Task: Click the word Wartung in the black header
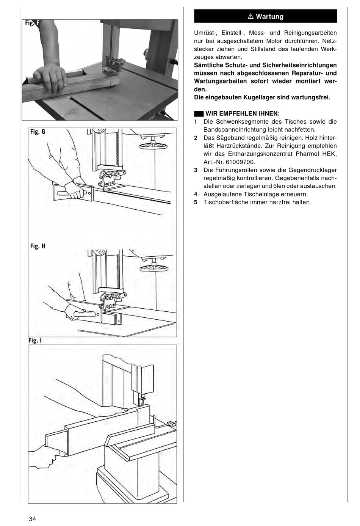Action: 269,17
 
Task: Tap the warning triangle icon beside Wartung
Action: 250,17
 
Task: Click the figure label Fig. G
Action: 38,132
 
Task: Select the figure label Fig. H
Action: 38,246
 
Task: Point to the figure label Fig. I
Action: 35,340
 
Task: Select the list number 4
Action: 196,194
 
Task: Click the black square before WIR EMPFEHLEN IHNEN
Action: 199,114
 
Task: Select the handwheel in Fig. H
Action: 154,268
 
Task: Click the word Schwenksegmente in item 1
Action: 247,122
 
